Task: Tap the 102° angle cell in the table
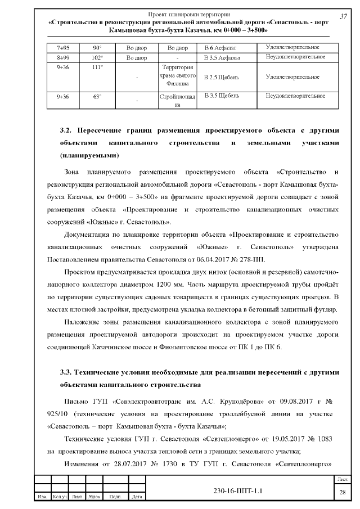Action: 97,57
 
